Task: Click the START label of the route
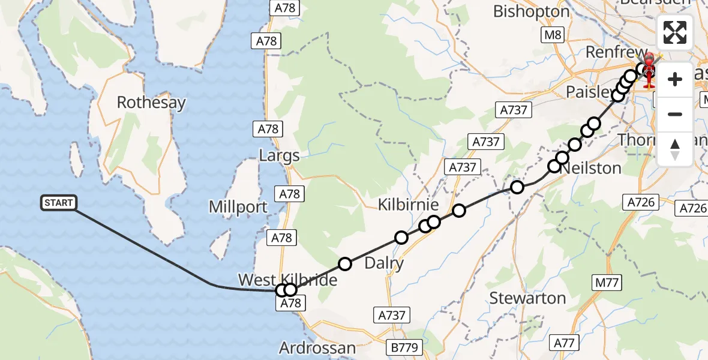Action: point(59,203)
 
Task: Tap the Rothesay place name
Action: point(151,103)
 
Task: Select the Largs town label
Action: point(279,157)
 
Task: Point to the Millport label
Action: point(238,208)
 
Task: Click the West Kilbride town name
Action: point(287,280)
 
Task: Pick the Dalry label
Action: point(384,263)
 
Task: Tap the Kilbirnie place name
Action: point(404,205)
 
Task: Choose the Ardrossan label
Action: point(317,348)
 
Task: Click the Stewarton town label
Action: point(527,298)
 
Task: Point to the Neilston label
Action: point(590,168)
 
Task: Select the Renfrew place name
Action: point(616,53)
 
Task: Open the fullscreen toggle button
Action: point(675,32)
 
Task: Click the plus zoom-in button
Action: point(675,79)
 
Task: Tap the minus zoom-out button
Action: point(675,114)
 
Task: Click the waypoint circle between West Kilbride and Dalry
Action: point(345,263)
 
